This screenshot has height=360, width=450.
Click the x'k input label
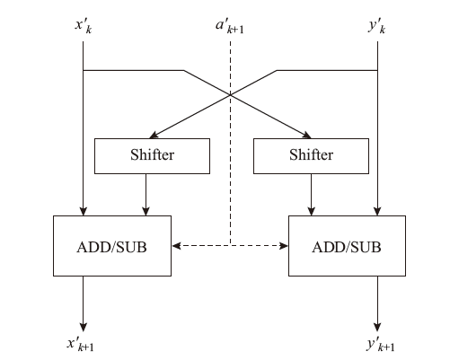pos(84,26)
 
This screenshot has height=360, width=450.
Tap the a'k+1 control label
pos(230,26)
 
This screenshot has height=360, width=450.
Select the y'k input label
pos(377,27)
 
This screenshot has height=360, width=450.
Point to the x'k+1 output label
pos(81,344)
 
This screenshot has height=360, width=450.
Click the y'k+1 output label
pos(381,345)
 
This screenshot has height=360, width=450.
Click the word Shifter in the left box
pos(152,155)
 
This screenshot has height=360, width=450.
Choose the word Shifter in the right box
pos(311,155)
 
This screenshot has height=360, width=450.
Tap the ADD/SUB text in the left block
pos(111,248)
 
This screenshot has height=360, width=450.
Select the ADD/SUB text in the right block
pos(347,248)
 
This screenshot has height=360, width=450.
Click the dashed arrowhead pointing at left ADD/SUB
pos(176,246)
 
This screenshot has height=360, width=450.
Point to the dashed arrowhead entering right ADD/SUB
pos(284,246)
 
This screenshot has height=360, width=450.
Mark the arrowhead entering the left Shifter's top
pos(154,135)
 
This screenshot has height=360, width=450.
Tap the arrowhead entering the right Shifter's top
pos(307,135)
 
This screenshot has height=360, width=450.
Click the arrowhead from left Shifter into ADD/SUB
pos(146,211)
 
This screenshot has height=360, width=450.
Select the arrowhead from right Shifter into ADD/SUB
pos(312,211)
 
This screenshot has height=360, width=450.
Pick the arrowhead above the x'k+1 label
pos(84,327)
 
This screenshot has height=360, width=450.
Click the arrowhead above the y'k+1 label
pos(377,327)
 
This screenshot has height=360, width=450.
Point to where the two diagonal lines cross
pos(230,95)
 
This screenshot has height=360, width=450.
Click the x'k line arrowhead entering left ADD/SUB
pos(84,211)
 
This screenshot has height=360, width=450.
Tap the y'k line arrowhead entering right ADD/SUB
pos(377,211)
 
